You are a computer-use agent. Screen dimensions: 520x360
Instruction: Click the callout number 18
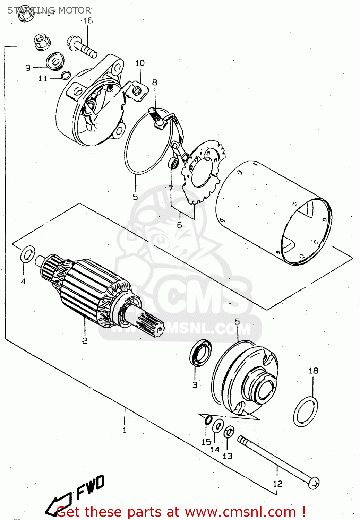[313, 371]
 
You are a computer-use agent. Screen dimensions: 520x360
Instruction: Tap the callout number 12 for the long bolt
[277, 484]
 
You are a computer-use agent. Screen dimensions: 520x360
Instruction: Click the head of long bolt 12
[314, 482]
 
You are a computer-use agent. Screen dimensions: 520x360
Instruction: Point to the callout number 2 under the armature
[85, 341]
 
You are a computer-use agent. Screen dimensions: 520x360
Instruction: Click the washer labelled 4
[28, 255]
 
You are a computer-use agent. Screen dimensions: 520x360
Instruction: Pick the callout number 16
[88, 21]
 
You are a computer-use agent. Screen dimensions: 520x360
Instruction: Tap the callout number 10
[140, 63]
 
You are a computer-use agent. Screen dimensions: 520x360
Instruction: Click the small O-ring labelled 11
[66, 75]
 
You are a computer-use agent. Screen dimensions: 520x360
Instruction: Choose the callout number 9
[28, 68]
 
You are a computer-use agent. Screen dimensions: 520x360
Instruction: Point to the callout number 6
[179, 225]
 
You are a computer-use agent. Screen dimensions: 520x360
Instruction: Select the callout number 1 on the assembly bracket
[124, 430]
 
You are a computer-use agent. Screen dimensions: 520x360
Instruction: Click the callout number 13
[228, 456]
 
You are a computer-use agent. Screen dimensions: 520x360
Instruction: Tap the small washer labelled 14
[217, 426]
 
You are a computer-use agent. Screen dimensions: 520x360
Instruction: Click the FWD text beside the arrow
[90, 487]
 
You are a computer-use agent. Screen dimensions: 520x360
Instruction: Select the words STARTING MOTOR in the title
[49, 10]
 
